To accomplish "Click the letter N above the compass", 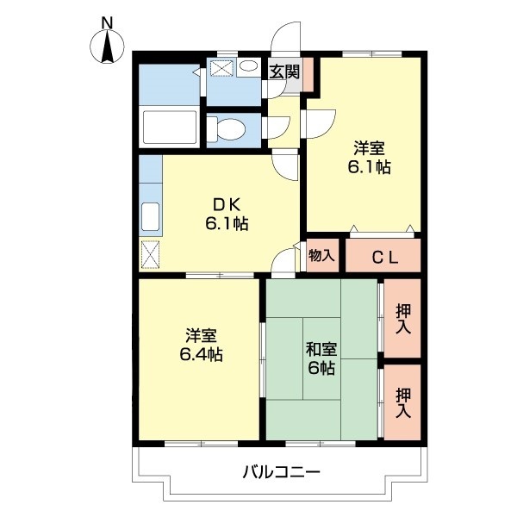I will click(108, 22).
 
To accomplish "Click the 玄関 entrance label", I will click(284, 72).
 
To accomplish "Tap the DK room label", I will click(227, 205).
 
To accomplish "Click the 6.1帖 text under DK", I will click(227, 224).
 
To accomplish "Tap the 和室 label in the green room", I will click(321, 350).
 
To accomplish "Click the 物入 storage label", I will click(321, 256).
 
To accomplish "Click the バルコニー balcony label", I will click(281, 472).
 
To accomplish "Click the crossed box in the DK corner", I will click(150, 254).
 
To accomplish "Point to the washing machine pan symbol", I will click(222, 68).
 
